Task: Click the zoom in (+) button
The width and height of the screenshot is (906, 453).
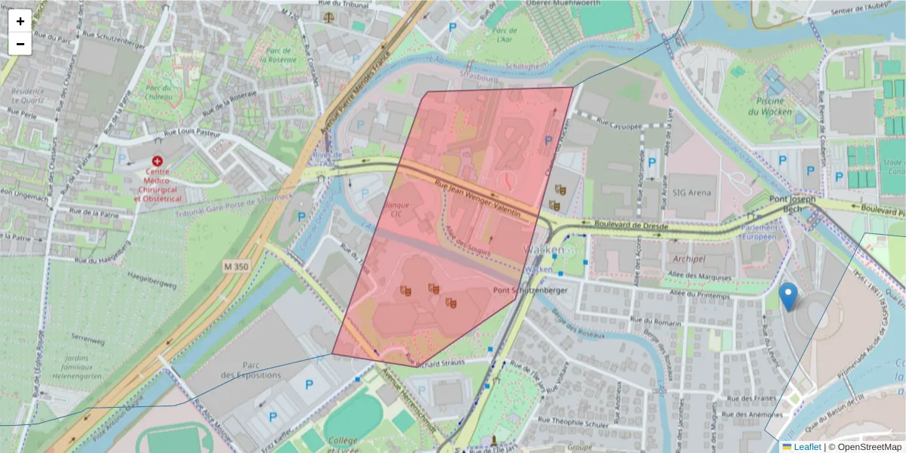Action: click(20, 21)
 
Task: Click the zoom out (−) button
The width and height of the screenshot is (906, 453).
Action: click(20, 44)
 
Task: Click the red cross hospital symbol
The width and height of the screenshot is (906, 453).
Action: click(157, 162)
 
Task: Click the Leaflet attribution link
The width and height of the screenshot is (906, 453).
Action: click(806, 447)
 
